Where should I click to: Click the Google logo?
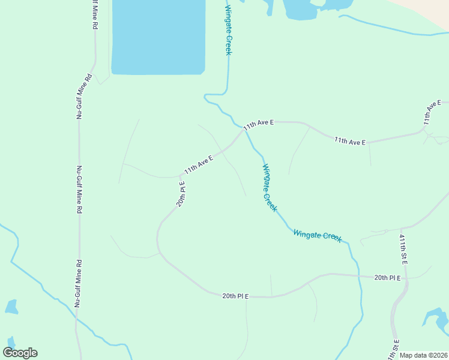[x=20, y=352]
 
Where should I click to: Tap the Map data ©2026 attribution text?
[x=423, y=355]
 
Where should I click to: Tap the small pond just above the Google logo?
[x=11, y=307]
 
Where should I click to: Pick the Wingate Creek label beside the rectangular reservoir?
[x=228, y=30]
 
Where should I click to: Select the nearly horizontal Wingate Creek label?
[x=318, y=236]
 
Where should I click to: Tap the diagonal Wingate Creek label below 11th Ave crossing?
[x=269, y=187]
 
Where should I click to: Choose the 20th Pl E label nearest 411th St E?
[x=387, y=277]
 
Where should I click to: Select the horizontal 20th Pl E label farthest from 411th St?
[x=235, y=296]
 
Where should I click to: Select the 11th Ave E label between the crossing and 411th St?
[x=350, y=141]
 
